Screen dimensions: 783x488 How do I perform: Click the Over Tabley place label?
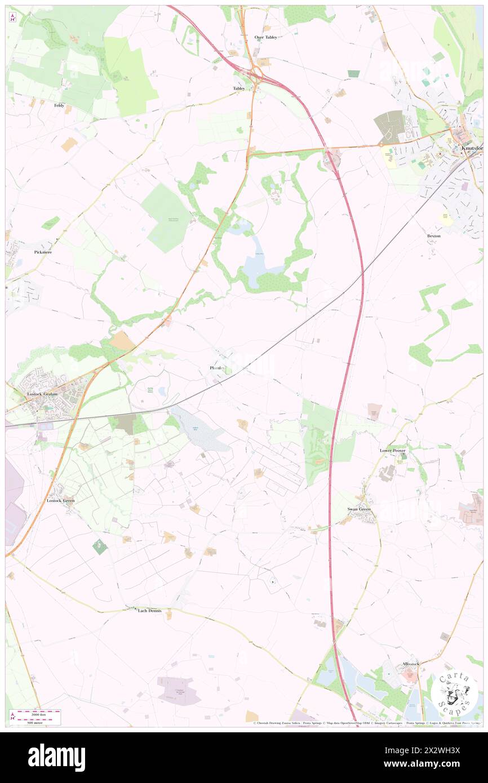265,37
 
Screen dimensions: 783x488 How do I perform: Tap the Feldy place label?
59,105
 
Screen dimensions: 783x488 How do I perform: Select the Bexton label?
433,235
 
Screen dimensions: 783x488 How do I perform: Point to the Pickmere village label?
43,252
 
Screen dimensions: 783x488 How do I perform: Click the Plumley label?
218,368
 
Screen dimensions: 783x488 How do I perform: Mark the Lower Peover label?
393,451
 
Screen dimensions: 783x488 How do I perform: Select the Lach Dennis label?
150,611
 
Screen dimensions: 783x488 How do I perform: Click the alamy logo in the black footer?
56,757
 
